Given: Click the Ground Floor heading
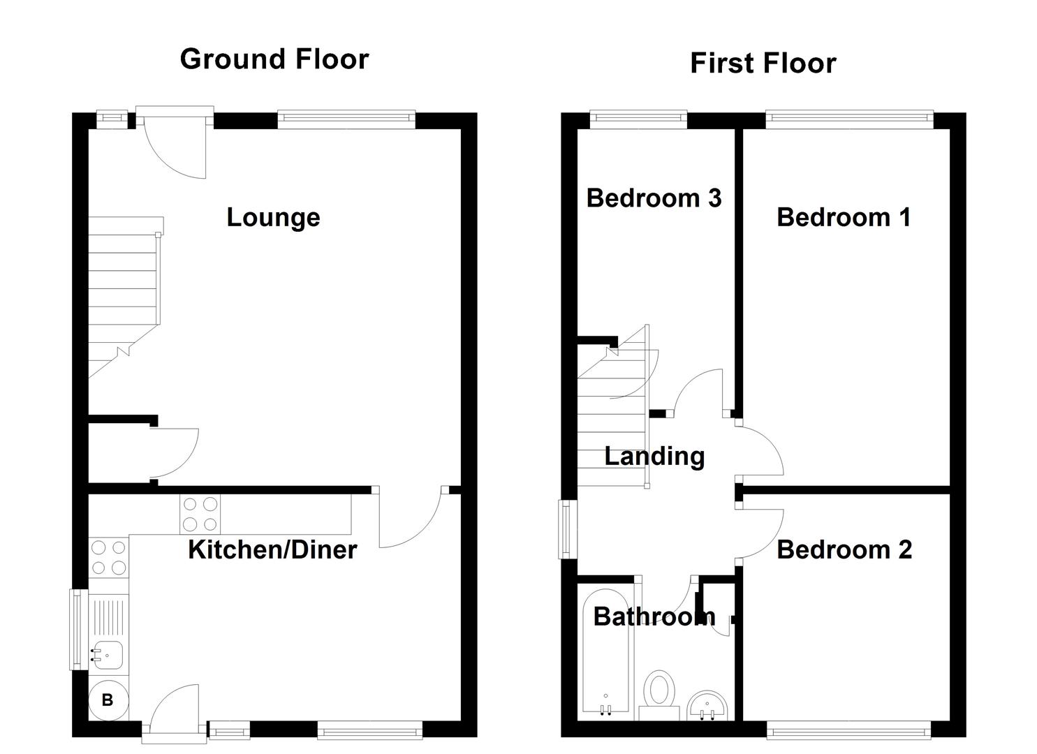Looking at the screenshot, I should pos(274,59).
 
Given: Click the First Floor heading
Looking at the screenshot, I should pos(763,64).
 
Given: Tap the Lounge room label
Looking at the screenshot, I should pos(273,217).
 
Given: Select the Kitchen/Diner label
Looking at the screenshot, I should pos(272,550).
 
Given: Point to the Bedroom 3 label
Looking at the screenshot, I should pos(654,198).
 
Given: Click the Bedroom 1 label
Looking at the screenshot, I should pos(844,217).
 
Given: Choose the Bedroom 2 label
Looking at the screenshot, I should pos(844,550).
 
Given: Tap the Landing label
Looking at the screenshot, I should pos(654,457).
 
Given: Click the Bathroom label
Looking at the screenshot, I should pos(654,616).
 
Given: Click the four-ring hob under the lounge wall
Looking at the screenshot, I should pos(200,514).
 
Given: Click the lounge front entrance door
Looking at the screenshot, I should pos(175,143).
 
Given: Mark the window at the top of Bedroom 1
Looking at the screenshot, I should pos(849,119).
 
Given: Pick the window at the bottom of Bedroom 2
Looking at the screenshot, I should pos(848,731).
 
